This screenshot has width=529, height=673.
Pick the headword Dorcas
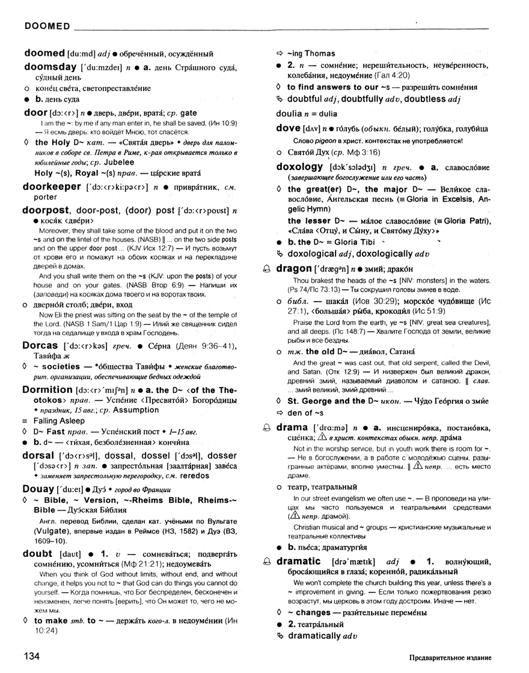coord(40,346)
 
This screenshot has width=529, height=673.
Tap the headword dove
coord(288,127)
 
